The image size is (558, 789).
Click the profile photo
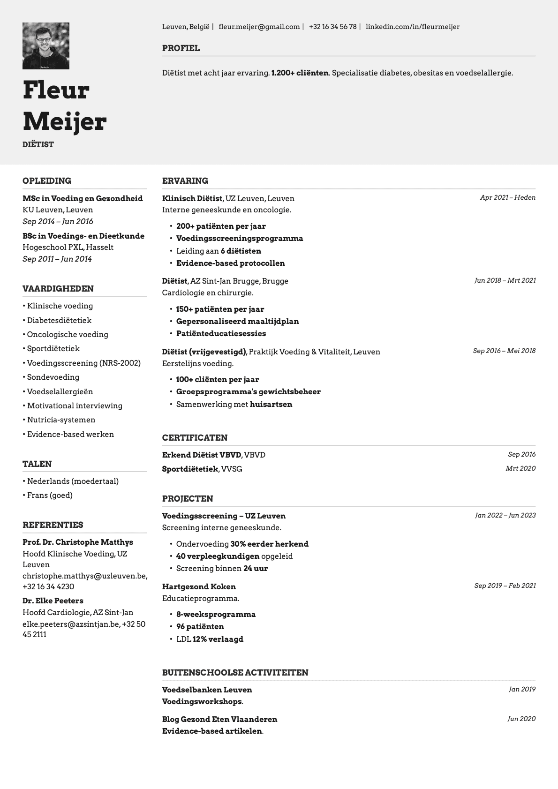46,46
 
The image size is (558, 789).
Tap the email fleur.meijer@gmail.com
259,27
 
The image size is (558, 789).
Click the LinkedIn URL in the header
412,27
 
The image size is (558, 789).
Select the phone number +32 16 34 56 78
332,27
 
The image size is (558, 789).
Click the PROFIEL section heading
181,48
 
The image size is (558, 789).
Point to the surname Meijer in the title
65,121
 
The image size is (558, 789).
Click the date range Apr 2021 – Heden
507,197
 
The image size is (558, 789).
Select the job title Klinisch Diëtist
192,198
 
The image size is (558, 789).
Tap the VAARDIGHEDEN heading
58,289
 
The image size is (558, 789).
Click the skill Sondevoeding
53,377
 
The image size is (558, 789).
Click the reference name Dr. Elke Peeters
53,601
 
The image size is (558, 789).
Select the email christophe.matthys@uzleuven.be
84,576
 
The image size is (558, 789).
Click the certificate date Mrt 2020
520,468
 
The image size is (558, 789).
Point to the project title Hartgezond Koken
199,586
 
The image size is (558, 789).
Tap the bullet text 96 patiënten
200,626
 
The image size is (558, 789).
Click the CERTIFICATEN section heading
195,438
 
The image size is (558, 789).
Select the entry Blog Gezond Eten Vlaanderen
219,719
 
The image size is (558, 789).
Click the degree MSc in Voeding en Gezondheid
83,198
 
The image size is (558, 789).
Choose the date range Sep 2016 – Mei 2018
504,351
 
